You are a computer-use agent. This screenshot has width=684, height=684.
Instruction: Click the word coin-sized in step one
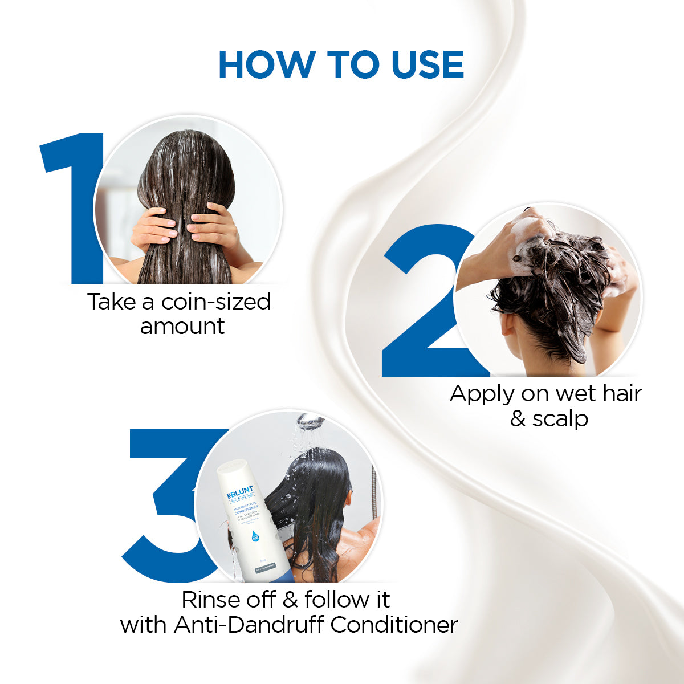[x=216, y=302]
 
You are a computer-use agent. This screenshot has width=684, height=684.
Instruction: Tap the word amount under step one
[x=182, y=327]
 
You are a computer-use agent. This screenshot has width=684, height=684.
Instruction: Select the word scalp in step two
[x=560, y=419]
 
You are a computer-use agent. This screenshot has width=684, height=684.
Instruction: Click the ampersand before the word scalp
[x=518, y=419]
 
